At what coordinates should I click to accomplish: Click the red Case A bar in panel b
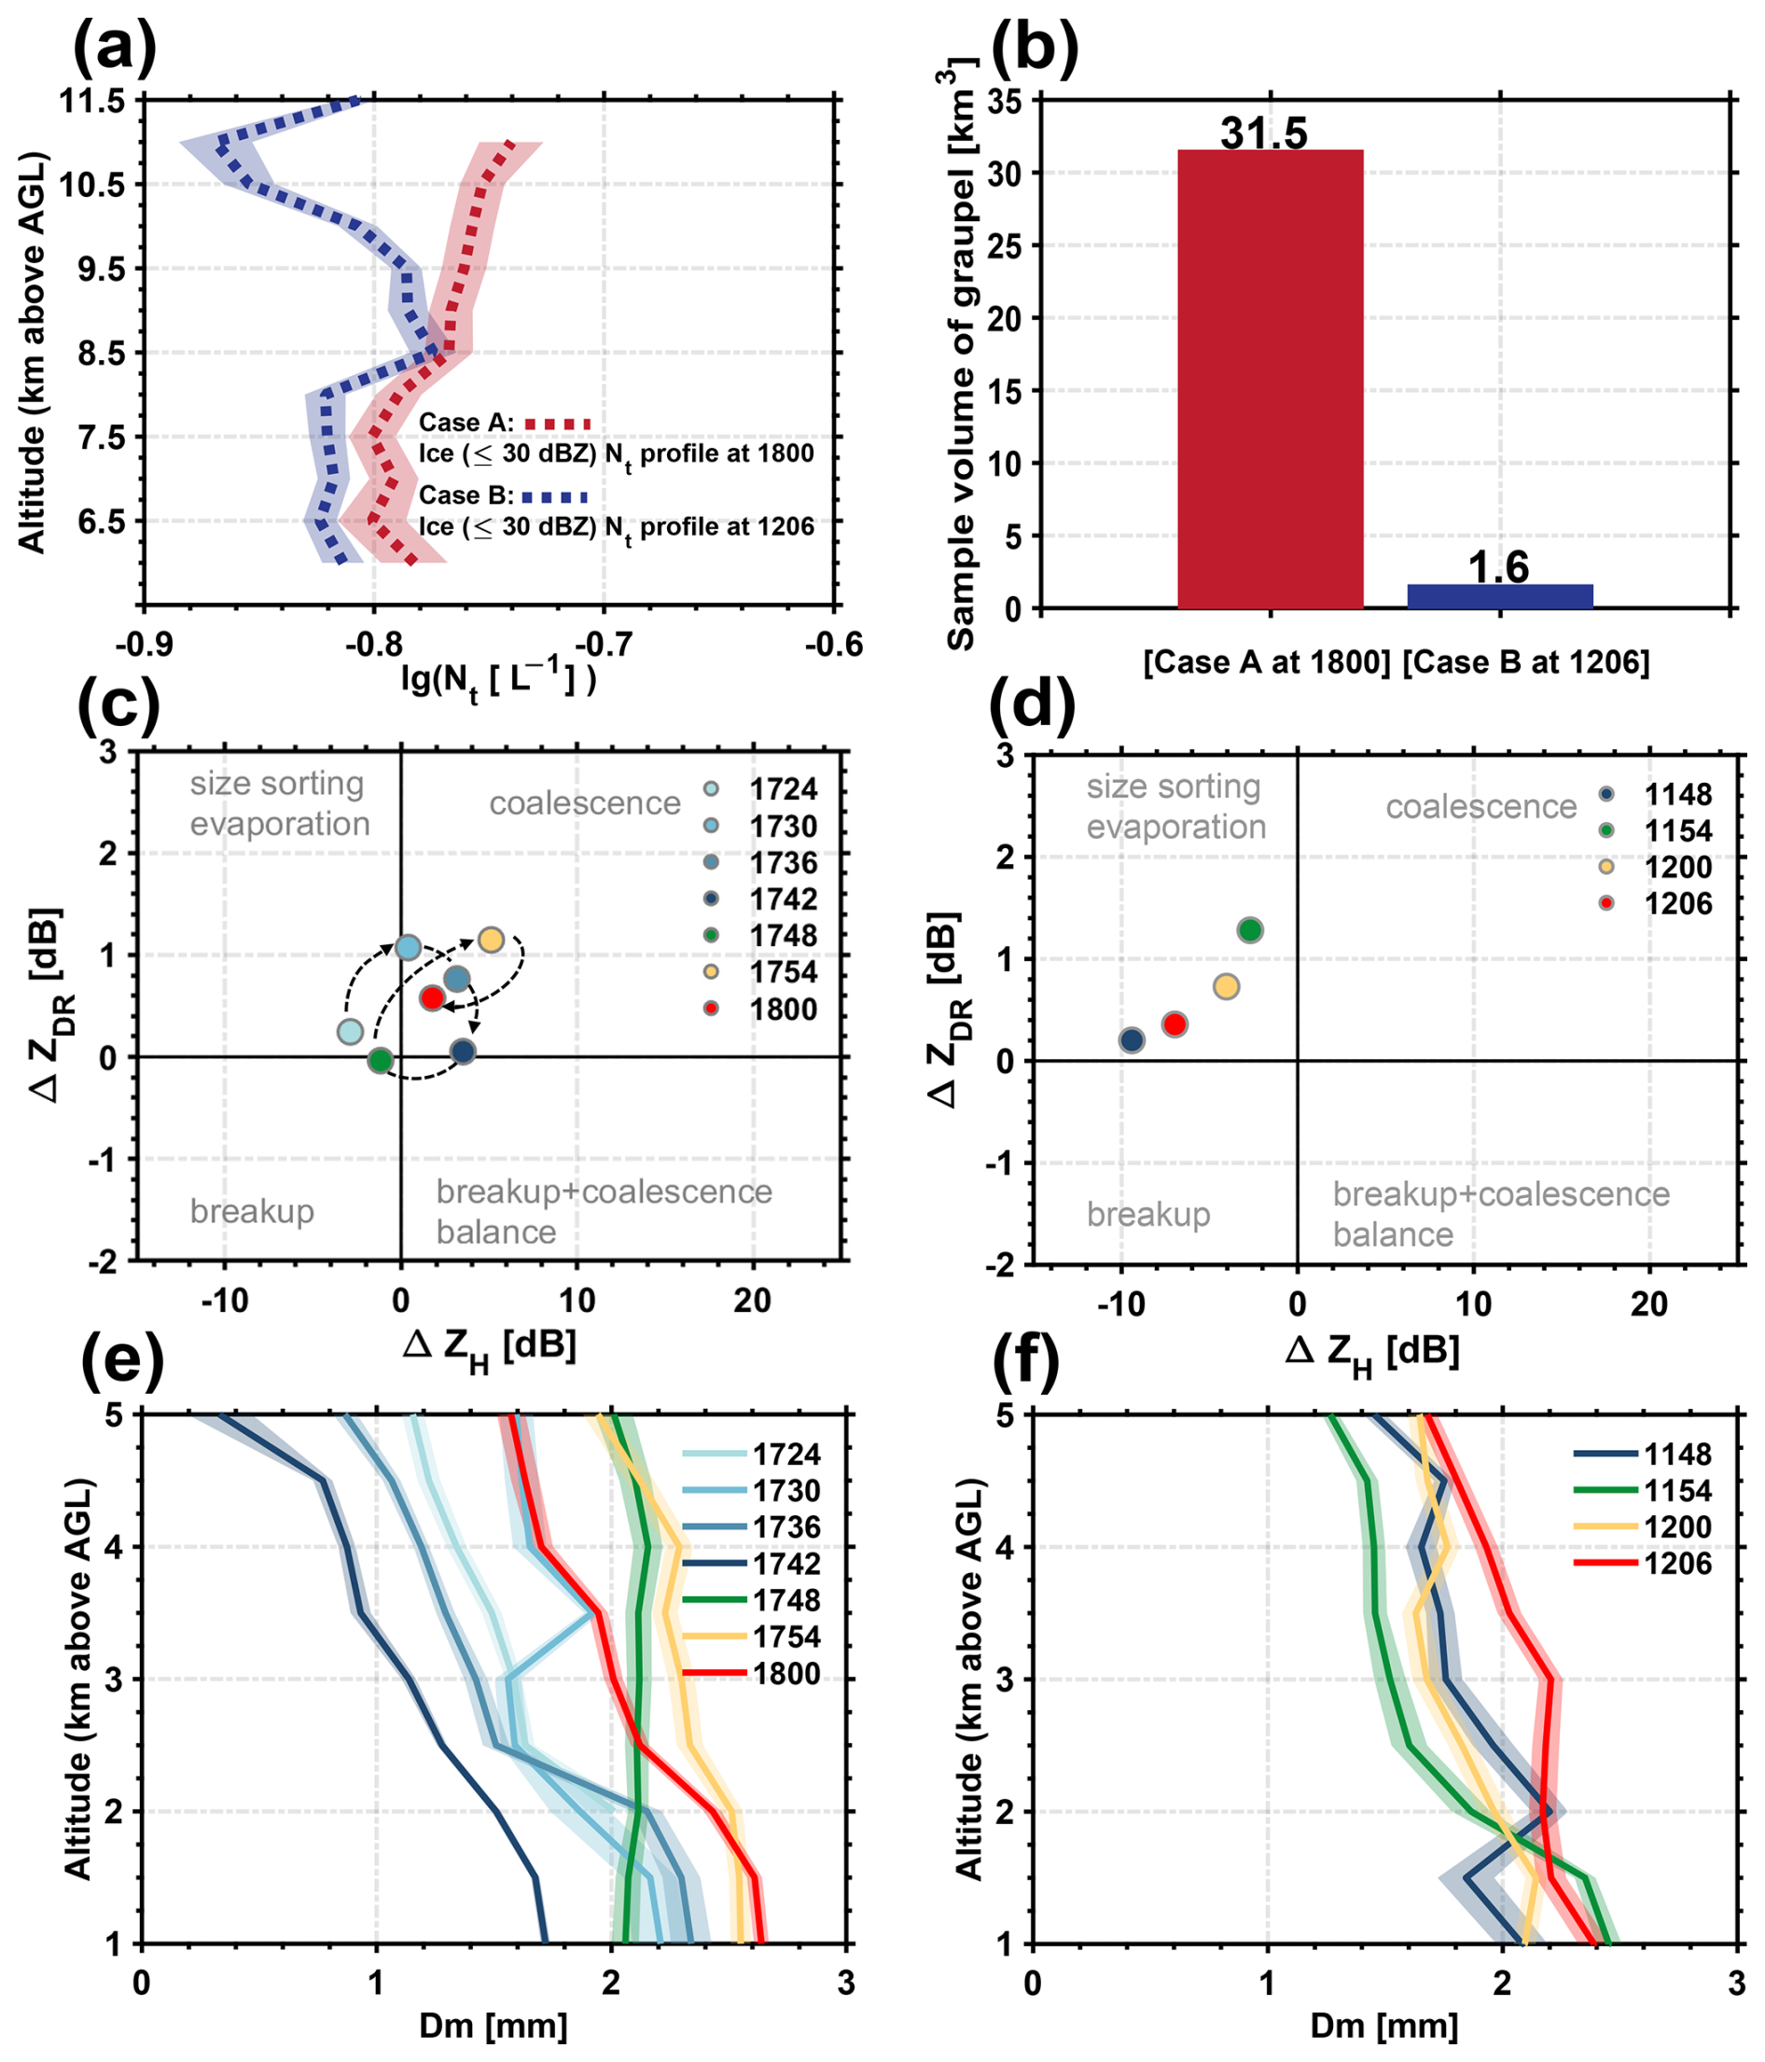coord(1270,379)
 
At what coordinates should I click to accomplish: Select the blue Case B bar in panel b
coord(1500,596)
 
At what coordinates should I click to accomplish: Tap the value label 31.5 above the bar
coord(1263,132)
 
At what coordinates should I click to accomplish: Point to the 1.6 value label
coord(1498,567)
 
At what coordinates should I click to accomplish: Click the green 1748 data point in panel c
coord(380,1061)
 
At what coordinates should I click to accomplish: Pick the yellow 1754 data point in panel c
coord(491,940)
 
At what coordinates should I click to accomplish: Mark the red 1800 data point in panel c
coord(432,997)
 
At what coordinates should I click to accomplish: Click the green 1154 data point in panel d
coord(1250,930)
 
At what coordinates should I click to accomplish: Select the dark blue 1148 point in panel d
coord(1132,1041)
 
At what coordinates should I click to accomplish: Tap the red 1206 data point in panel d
coord(1175,1024)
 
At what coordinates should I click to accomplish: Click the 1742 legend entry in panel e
coord(752,1564)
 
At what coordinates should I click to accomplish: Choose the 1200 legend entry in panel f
coord(1643,1526)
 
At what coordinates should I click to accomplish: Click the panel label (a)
coord(116,46)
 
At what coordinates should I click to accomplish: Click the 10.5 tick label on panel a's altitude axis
coord(91,184)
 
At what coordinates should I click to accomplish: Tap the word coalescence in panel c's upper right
coord(585,803)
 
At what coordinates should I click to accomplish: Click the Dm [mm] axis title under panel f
coord(1384,2027)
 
